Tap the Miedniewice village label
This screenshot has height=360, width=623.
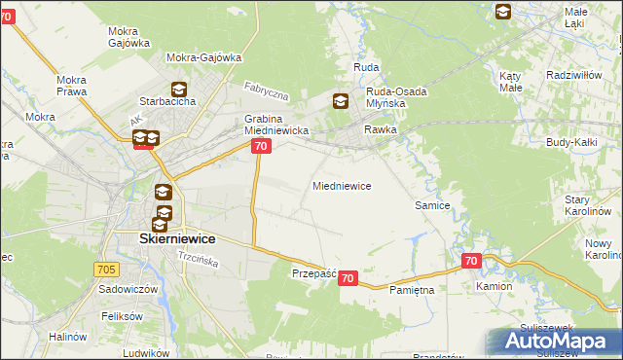(x=341, y=185)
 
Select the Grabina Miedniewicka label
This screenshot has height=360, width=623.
(x=275, y=125)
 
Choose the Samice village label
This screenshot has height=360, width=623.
(x=432, y=205)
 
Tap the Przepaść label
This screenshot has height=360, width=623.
(x=313, y=274)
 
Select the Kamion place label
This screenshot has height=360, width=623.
(x=494, y=288)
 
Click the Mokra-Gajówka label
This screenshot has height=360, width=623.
(x=203, y=57)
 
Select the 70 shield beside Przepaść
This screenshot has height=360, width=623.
(x=349, y=278)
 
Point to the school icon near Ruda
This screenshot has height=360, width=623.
(x=340, y=100)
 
